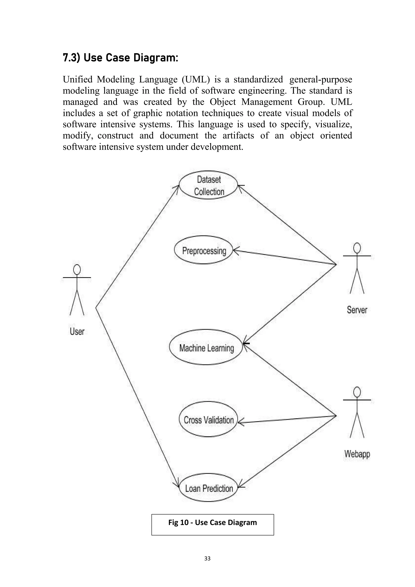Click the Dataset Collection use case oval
click(x=209, y=185)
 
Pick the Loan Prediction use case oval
click(x=209, y=488)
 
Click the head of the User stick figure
click(x=77, y=269)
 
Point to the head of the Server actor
click(x=357, y=248)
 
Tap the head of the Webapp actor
click(x=357, y=392)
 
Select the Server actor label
click(x=357, y=310)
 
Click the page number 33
click(x=207, y=558)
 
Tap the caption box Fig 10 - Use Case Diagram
click(x=213, y=522)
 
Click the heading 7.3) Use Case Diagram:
click(x=120, y=58)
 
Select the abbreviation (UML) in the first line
click(x=196, y=79)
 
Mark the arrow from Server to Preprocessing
click(x=284, y=257)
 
